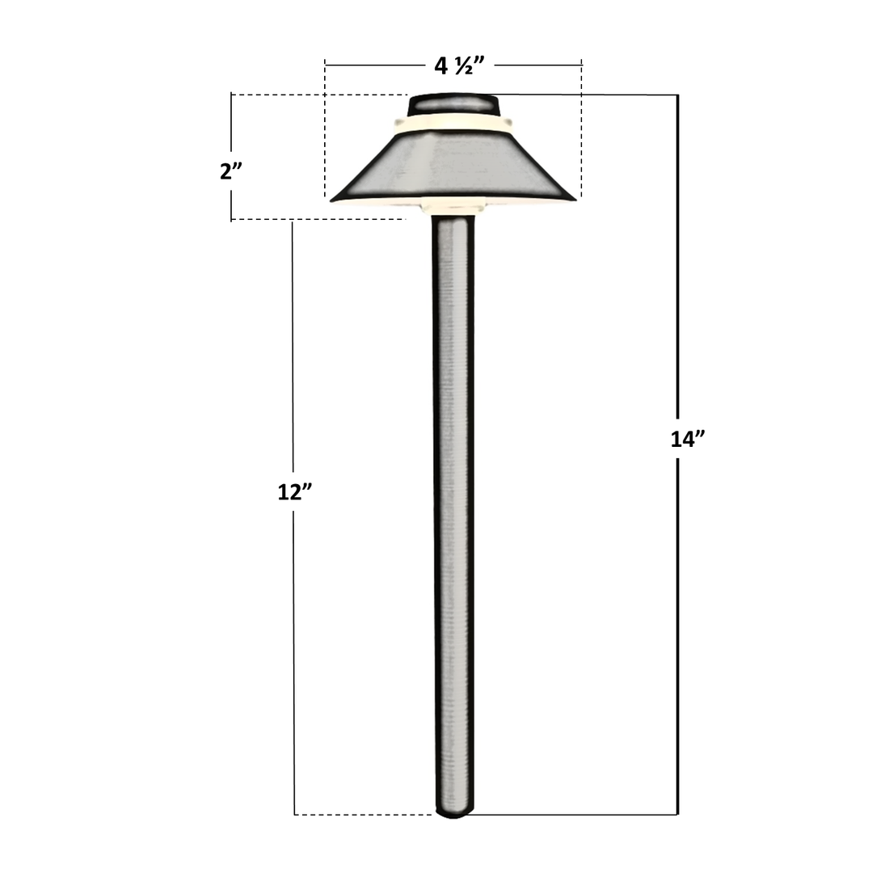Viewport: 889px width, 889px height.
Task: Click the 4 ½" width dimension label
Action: pyautogui.click(x=453, y=65)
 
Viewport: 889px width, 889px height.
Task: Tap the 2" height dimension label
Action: pyautogui.click(x=231, y=171)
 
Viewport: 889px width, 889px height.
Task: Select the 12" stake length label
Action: pyautogui.click(x=294, y=491)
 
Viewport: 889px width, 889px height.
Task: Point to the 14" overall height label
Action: pyautogui.click(x=688, y=439)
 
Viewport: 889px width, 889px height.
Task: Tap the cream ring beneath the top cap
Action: pyautogui.click(x=453, y=122)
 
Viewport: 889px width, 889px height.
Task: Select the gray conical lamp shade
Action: pyautogui.click(x=453, y=162)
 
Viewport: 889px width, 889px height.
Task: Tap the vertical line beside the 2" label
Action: pyautogui.click(x=232, y=129)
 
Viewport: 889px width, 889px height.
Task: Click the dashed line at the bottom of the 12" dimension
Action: pyautogui.click(x=364, y=814)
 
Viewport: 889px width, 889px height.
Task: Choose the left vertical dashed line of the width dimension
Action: pyautogui.click(x=325, y=129)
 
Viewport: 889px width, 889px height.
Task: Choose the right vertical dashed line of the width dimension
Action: pyautogui.click(x=582, y=129)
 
